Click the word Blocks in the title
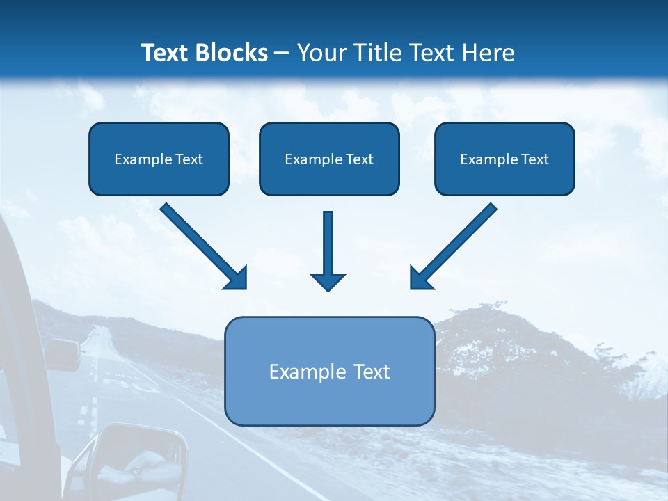click(x=231, y=52)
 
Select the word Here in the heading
click(x=488, y=52)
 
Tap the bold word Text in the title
click(x=165, y=52)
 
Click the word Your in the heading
click(x=322, y=52)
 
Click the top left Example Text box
click(x=159, y=159)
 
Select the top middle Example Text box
click(x=329, y=159)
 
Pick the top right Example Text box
click(x=505, y=159)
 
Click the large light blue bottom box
click(x=330, y=371)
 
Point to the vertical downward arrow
click(x=328, y=251)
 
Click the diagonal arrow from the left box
click(x=203, y=246)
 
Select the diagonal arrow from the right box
click(x=454, y=246)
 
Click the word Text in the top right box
click(x=535, y=159)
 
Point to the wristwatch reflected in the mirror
click(x=136, y=471)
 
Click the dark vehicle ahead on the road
click(x=63, y=354)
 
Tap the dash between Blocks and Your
click(x=282, y=54)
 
